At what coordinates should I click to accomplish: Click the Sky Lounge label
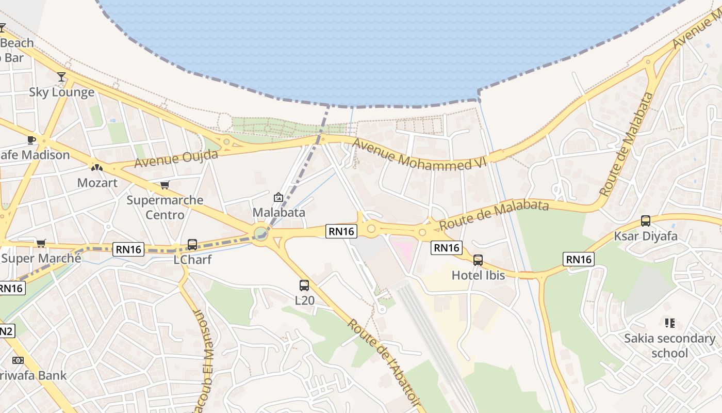click(x=61, y=92)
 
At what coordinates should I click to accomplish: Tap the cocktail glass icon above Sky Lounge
click(x=61, y=77)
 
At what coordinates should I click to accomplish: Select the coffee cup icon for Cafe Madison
click(x=31, y=140)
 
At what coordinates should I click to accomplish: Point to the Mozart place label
click(x=97, y=183)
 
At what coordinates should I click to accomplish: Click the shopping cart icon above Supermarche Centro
click(x=165, y=185)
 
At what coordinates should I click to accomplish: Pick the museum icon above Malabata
click(x=278, y=197)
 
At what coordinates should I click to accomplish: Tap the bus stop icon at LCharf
click(x=192, y=244)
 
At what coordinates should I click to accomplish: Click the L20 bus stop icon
click(x=304, y=285)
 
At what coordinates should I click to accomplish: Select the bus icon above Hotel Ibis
click(x=478, y=260)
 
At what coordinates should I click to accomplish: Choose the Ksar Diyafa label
click(x=645, y=236)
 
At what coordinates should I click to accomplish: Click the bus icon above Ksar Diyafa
click(x=645, y=221)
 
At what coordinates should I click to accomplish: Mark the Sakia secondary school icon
click(x=669, y=324)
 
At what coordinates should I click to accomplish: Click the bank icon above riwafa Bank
click(x=18, y=360)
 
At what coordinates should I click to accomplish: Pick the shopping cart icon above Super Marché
click(x=41, y=243)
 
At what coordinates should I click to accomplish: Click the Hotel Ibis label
click(x=478, y=275)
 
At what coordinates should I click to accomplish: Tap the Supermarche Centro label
click(x=165, y=207)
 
